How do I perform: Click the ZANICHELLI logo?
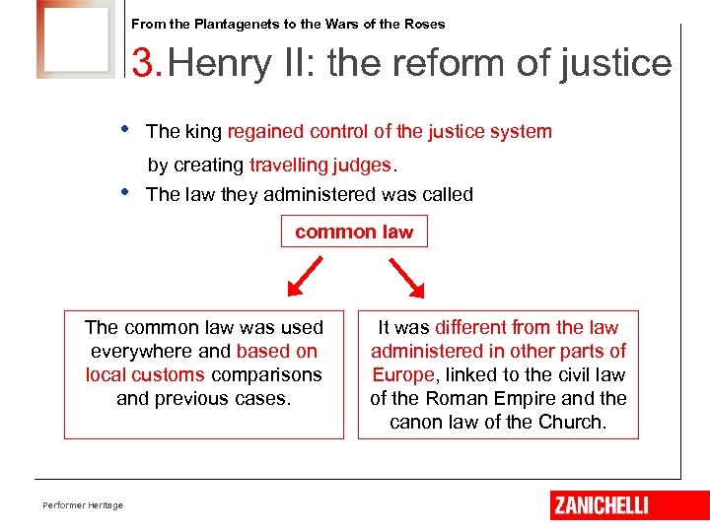(x=601, y=505)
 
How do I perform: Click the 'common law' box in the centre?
(x=354, y=232)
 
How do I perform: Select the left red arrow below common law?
(x=303, y=277)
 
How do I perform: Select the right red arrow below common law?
(x=406, y=277)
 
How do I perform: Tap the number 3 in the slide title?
(x=144, y=64)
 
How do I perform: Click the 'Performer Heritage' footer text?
(x=83, y=505)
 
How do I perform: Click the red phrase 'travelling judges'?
(x=320, y=165)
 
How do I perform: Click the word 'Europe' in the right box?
(x=402, y=374)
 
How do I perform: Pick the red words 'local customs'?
(x=145, y=374)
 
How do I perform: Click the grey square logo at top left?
(x=77, y=39)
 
